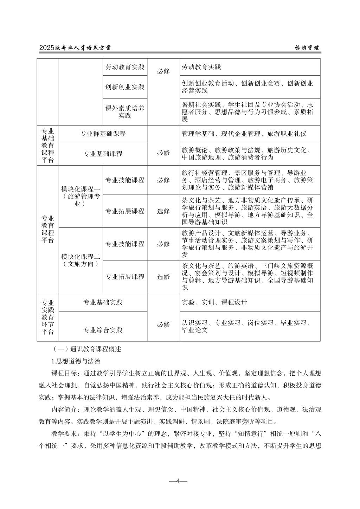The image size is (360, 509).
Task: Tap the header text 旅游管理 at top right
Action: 307,48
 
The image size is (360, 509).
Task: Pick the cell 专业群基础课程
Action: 103,134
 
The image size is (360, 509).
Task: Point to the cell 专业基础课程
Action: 103,154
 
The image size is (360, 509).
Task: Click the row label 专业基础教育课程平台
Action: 48,145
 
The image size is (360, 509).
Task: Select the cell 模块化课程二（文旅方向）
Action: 81,260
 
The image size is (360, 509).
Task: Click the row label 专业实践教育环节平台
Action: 48,317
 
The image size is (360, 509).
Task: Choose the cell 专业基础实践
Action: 103,302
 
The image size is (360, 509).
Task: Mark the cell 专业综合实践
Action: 103,330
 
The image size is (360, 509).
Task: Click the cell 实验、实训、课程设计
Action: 214,302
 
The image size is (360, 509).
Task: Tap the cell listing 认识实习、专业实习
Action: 246,326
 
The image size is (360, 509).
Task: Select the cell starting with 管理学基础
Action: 244,134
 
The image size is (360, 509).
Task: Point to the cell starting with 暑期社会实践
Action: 247,112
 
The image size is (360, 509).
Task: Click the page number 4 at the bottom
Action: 178,481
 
